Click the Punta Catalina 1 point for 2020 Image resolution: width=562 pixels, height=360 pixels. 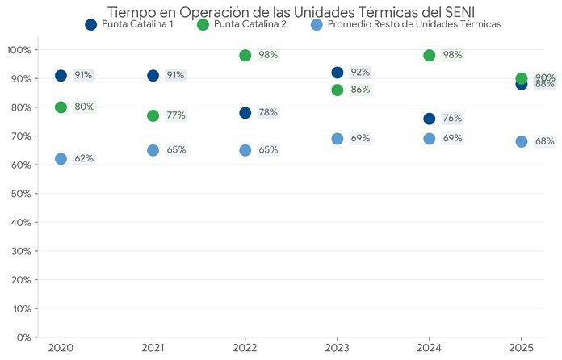tap(61, 75)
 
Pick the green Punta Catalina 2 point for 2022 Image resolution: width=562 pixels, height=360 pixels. tap(245, 55)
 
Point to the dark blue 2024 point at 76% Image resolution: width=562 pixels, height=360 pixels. tap(429, 119)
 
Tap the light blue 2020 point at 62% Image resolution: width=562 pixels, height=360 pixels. tap(61, 159)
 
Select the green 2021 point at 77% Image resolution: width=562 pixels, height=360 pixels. tap(153, 115)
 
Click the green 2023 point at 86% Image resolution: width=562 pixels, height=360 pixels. tap(337, 90)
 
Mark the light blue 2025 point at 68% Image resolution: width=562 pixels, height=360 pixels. tap(522, 142)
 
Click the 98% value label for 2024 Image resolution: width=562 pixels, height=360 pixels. tap(452, 55)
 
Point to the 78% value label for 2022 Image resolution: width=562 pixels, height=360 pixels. tap(268, 113)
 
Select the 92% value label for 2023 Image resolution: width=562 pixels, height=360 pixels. tap(360, 73)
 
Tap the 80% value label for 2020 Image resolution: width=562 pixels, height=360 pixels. tap(84, 107)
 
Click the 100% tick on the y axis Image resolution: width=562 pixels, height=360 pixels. tap(19, 50)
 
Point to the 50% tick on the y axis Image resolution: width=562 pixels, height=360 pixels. tap(20, 194)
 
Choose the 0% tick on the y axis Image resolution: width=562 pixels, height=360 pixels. tap(23, 337)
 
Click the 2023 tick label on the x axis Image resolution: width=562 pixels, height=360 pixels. tap(337, 348)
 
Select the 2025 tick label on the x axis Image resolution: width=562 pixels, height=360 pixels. tap(521, 348)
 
